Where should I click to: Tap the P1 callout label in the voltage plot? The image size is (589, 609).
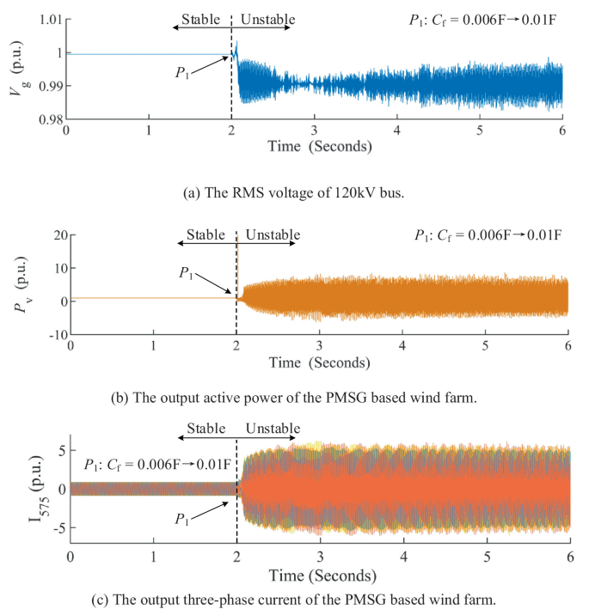(185, 73)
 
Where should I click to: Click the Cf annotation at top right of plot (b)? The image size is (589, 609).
(485, 235)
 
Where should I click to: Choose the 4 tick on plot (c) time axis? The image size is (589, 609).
(402, 557)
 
